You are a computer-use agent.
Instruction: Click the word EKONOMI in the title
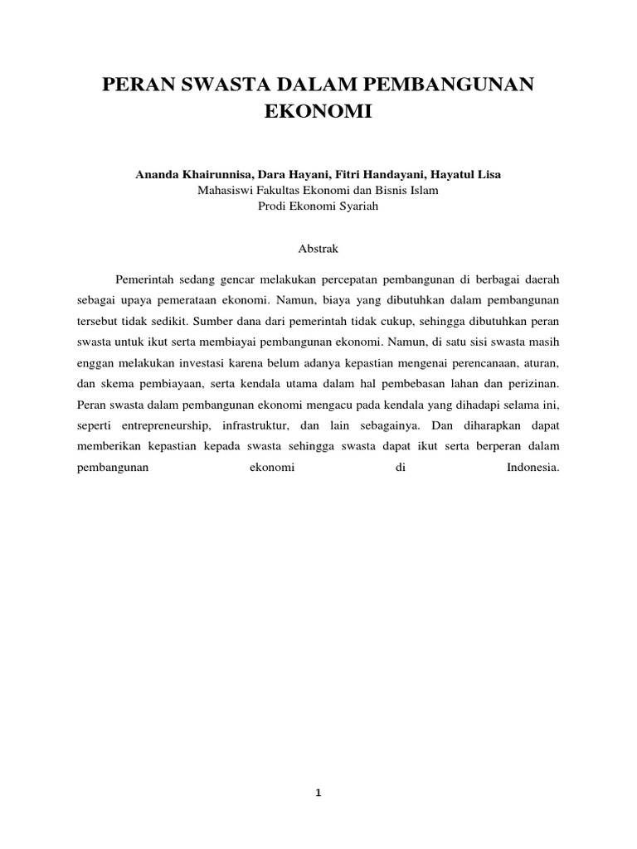(318, 112)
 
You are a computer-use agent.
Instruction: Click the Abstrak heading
(318, 248)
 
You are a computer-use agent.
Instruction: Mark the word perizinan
(537, 384)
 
